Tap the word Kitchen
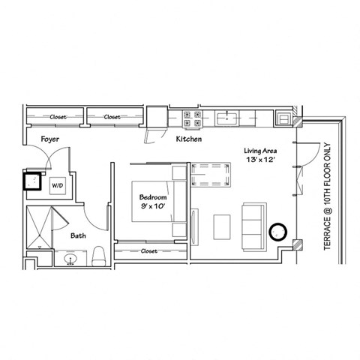[189, 140]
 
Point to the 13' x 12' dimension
[262, 162]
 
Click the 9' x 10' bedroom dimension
[153, 208]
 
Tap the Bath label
[79, 235]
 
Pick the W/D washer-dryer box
[58, 184]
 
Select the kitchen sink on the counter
[225, 117]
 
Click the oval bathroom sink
[70, 259]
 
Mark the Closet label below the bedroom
[148, 252]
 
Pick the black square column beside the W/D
[34, 181]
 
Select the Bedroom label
[153, 197]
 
